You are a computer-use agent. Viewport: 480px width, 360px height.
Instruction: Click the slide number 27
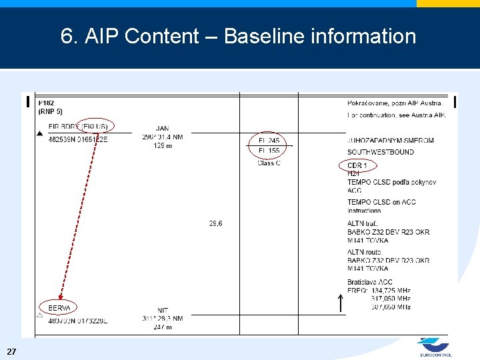(11, 351)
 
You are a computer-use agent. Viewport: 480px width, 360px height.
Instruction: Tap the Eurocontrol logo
(435, 347)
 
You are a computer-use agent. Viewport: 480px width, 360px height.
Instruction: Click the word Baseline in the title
(265, 36)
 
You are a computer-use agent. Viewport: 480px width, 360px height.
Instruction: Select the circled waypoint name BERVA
(59, 308)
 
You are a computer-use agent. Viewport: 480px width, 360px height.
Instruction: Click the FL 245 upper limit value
(269, 141)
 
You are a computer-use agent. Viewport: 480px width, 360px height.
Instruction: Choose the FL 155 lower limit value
(269, 151)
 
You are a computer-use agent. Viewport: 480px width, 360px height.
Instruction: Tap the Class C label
(269, 163)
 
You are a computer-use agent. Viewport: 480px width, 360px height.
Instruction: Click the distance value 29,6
(216, 223)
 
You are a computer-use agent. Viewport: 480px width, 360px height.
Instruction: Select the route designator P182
(47, 103)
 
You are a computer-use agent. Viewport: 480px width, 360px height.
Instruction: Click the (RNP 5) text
(51, 111)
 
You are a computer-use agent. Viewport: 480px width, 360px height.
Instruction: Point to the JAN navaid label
(163, 128)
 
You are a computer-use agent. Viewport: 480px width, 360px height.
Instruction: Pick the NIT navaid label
(163, 310)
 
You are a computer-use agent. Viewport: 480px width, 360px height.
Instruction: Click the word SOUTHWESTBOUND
(381, 152)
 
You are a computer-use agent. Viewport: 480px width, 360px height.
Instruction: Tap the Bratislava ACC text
(370, 282)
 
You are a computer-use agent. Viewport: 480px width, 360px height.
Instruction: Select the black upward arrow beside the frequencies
(340, 303)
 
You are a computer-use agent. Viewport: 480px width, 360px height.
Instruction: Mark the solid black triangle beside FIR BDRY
(39, 133)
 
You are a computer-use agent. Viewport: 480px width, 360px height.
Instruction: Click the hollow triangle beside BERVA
(39, 314)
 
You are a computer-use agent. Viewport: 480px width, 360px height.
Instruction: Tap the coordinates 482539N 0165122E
(78, 139)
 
